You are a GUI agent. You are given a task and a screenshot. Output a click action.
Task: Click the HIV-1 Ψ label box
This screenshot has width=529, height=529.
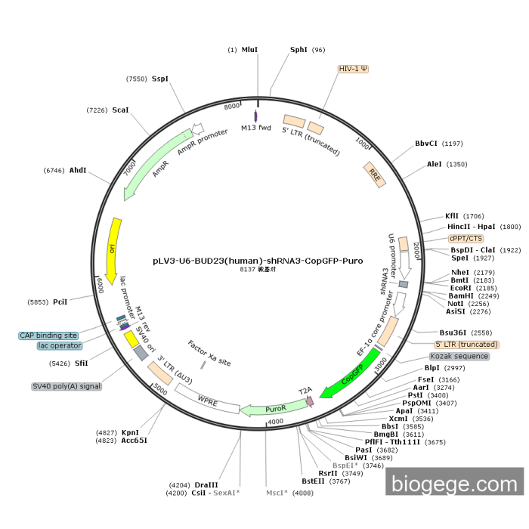(353, 68)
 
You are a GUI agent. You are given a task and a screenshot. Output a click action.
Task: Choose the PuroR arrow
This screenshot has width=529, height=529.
(264, 410)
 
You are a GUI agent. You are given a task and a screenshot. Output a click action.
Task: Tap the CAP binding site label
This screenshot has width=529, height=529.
(48, 335)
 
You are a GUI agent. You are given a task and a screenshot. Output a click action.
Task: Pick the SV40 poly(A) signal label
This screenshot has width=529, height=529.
(67, 386)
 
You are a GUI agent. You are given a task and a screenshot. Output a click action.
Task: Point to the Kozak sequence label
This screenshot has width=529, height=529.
(459, 356)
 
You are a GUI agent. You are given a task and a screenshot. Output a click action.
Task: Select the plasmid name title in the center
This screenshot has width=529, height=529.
(258, 261)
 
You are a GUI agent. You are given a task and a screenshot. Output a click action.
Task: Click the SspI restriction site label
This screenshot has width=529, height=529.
(160, 79)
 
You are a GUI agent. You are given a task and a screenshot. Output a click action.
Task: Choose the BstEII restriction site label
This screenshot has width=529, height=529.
(314, 481)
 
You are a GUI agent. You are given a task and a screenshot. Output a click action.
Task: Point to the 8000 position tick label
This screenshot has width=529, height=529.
(232, 107)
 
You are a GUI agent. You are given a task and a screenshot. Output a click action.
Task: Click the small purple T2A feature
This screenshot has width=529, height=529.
(309, 402)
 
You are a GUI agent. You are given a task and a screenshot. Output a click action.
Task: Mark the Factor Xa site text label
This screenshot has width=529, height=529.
(209, 352)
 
